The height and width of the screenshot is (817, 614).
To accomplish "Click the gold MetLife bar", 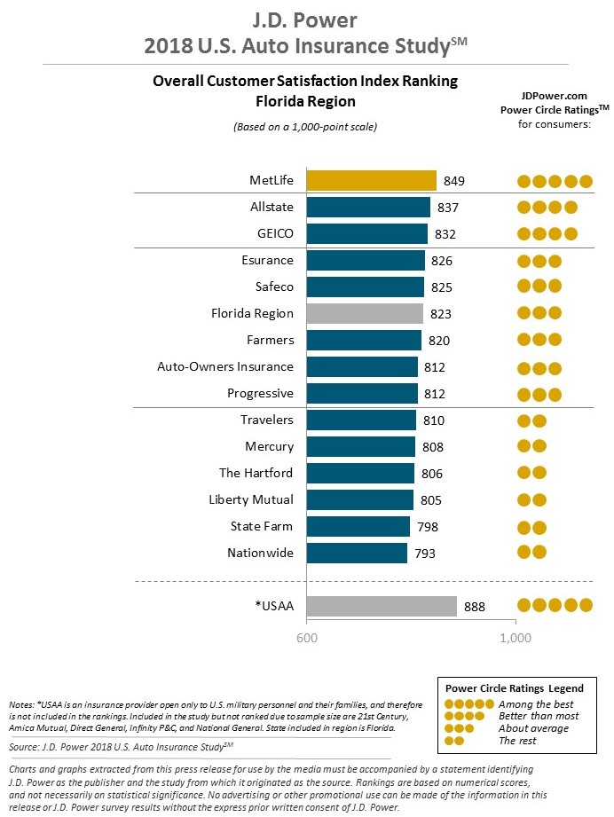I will (371, 181).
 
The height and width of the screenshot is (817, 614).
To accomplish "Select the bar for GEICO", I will (366, 234).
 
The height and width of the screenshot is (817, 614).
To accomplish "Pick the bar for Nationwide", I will (357, 554).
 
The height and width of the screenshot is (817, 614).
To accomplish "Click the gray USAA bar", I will (382, 606).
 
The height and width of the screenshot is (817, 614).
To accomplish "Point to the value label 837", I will (448, 208).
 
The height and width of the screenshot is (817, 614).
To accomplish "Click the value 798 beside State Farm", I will (428, 527).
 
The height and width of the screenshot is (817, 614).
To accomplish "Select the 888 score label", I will (475, 606).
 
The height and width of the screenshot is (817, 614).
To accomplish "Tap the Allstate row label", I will (272, 208).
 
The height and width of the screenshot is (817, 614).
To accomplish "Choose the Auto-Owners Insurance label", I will (224, 367).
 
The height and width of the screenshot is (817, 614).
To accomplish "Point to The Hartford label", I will (256, 474).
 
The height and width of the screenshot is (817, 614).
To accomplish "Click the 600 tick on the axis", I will (307, 638).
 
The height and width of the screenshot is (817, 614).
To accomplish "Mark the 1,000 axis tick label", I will (516, 638).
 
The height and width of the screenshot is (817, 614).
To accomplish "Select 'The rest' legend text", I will (517, 741).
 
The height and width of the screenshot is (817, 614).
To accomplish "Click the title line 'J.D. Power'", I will (306, 19).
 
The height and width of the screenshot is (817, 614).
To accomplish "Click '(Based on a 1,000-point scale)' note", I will (305, 127).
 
